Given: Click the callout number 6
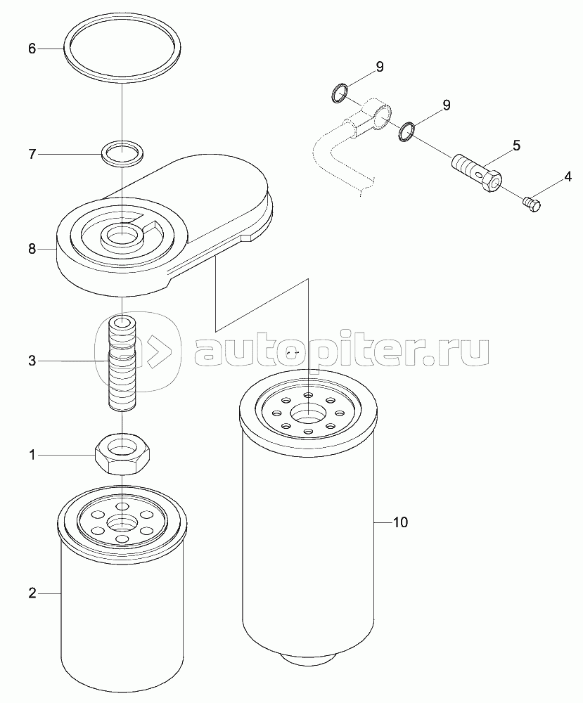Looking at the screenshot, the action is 32,49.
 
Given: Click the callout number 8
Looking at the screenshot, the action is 32,248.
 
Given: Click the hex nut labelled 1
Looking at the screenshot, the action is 122,453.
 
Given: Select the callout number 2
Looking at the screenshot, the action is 32,593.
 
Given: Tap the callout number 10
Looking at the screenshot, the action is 400,522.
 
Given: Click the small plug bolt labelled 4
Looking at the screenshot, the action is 532,205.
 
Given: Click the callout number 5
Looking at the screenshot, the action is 517,146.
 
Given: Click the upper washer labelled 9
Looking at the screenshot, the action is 340,92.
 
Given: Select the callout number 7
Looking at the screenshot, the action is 32,154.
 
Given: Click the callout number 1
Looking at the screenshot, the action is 32,455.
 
